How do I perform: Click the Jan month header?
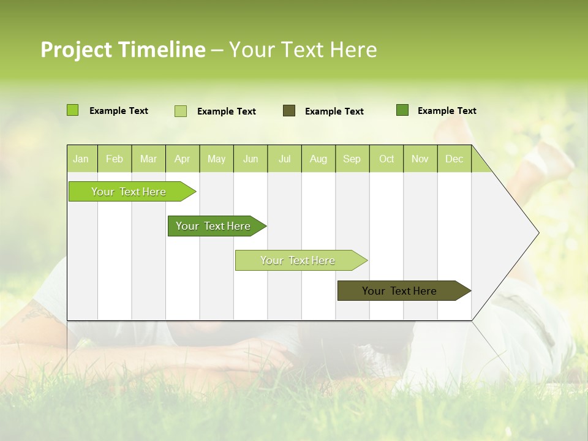81,159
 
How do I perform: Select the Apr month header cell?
183,159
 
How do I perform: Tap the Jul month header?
285,159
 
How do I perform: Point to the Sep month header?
352,159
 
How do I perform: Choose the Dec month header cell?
454,159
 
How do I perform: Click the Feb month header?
115,159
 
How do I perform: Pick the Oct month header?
386,159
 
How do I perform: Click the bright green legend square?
72,110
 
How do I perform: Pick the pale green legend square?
181,111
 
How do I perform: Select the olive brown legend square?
289,110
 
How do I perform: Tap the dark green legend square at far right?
402,110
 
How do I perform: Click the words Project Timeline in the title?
123,50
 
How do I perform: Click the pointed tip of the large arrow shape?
537,233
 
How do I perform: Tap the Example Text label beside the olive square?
334,111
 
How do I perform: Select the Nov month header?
420,159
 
